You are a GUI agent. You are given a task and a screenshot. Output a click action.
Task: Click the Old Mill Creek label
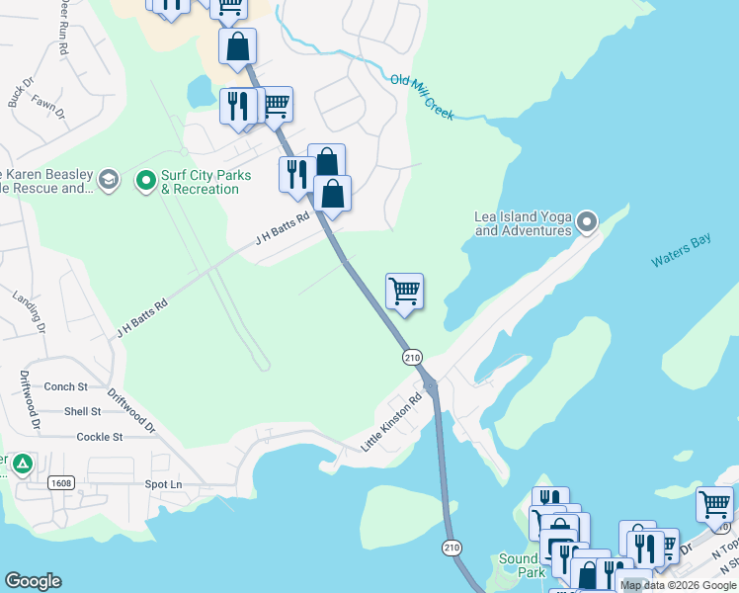[x=422, y=97]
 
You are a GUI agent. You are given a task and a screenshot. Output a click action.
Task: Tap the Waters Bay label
[x=681, y=253]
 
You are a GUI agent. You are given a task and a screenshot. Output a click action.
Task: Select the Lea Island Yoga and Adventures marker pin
[x=588, y=221]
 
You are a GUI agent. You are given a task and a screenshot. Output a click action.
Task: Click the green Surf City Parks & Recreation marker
[x=146, y=180]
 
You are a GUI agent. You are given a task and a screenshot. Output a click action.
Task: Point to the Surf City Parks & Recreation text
[x=206, y=182]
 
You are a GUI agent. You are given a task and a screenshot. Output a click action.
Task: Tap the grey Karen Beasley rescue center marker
[x=108, y=179]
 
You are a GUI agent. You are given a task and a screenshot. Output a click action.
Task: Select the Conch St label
[x=67, y=386]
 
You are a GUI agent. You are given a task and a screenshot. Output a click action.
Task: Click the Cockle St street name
[x=99, y=436]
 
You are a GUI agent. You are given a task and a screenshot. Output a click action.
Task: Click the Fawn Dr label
[x=48, y=107]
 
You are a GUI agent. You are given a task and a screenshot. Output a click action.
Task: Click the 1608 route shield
[x=60, y=481]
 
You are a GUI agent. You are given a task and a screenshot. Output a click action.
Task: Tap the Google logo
[x=33, y=581]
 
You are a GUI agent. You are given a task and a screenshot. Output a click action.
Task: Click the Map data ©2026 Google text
[x=677, y=585]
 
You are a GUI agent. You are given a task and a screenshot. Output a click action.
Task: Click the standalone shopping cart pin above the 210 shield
[x=404, y=292]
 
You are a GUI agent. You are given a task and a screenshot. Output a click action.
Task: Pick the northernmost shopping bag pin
[x=238, y=45]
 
